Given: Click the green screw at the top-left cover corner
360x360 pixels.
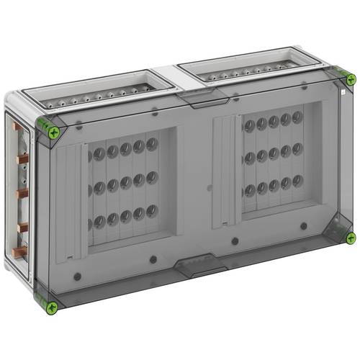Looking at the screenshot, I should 53,131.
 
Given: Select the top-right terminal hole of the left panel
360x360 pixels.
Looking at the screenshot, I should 151,144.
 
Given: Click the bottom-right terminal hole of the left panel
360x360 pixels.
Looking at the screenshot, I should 152,211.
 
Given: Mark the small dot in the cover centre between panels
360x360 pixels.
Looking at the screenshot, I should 209,189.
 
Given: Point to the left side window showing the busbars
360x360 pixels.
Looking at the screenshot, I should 22,194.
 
